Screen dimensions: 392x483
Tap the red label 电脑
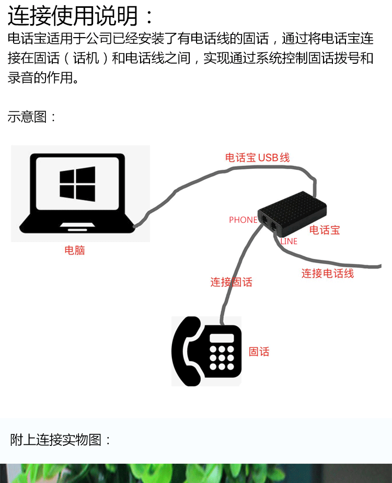74,250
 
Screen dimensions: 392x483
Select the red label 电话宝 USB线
257,157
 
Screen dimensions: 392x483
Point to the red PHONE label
243,220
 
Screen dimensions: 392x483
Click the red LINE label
289,241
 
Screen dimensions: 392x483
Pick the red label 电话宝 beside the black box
325,230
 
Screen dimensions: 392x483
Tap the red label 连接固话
231,282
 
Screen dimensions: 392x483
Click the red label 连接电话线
327,273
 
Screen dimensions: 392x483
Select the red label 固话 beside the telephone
259,352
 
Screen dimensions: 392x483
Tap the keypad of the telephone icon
222,358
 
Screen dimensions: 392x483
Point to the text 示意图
31,117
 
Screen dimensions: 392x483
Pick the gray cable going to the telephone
238,272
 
